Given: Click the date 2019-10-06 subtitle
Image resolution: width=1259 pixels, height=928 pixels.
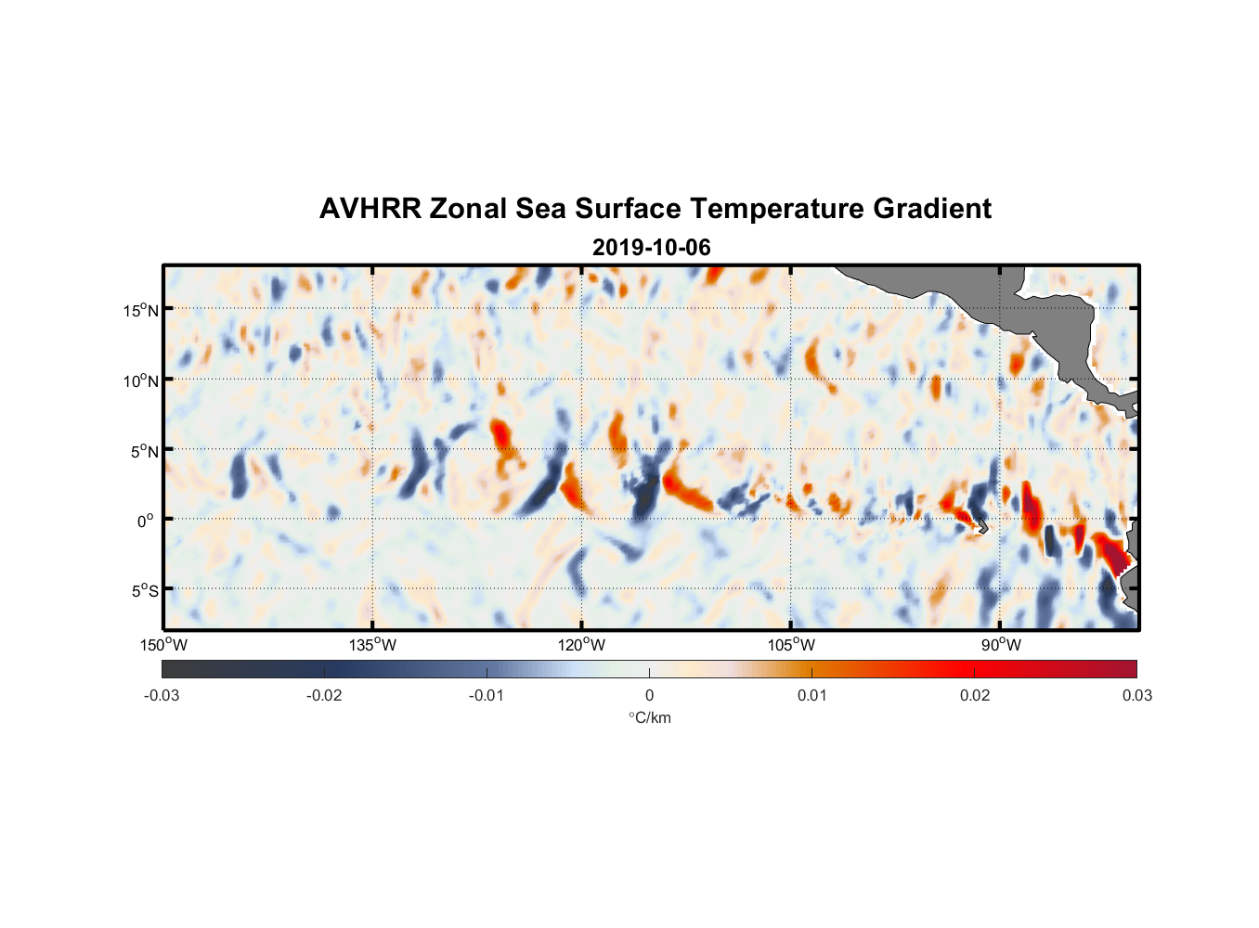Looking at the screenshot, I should [651, 248].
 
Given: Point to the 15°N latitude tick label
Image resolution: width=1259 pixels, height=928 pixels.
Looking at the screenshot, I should [141, 310].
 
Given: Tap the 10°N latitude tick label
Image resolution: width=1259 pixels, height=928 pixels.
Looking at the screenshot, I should [141, 380].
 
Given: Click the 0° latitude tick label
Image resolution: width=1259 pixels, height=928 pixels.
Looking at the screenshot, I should [146, 521].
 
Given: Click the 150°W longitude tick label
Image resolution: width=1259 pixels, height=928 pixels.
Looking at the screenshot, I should [163, 645].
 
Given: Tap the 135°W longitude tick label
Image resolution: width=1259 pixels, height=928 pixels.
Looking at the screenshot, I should [372, 645].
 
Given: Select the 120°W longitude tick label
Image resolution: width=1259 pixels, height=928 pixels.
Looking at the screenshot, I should [581, 645].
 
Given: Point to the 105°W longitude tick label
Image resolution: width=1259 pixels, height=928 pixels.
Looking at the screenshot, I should [791, 645].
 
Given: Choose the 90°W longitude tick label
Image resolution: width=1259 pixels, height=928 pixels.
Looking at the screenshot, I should [1001, 645].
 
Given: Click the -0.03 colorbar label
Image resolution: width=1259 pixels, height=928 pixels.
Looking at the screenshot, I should [162, 696].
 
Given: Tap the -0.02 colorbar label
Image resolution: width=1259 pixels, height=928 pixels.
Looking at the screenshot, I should [324, 696].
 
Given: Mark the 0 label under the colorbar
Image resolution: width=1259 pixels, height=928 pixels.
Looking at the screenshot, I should [649, 696].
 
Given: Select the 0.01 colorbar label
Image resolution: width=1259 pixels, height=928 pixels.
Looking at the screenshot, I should [811, 696].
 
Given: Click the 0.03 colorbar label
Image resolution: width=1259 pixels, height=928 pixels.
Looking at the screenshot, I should [1136, 696].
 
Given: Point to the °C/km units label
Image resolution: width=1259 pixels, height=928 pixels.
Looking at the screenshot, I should [649, 717].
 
